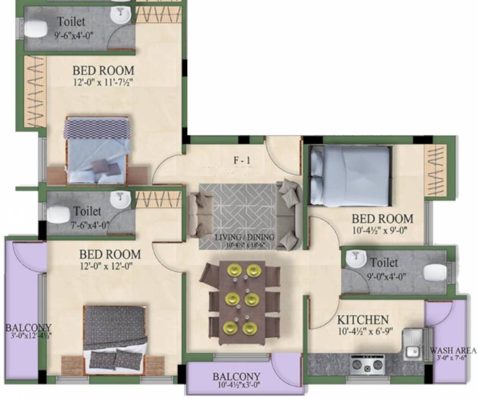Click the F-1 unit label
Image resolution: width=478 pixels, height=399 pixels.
pyautogui.click(x=241, y=160)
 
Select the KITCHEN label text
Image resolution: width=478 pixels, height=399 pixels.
pyautogui.click(x=363, y=320)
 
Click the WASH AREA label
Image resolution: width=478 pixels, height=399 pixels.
pyautogui.click(x=452, y=351)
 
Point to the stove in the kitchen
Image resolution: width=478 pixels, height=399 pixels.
pyautogui.click(x=368, y=364)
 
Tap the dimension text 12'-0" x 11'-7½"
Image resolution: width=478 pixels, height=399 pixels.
pyautogui.click(x=103, y=81)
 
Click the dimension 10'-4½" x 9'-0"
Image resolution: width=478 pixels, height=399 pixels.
pyautogui.click(x=382, y=230)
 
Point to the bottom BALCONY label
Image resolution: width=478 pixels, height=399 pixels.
pyautogui.click(x=236, y=377)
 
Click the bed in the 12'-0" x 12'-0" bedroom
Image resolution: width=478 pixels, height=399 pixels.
pyautogui.click(x=115, y=338)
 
